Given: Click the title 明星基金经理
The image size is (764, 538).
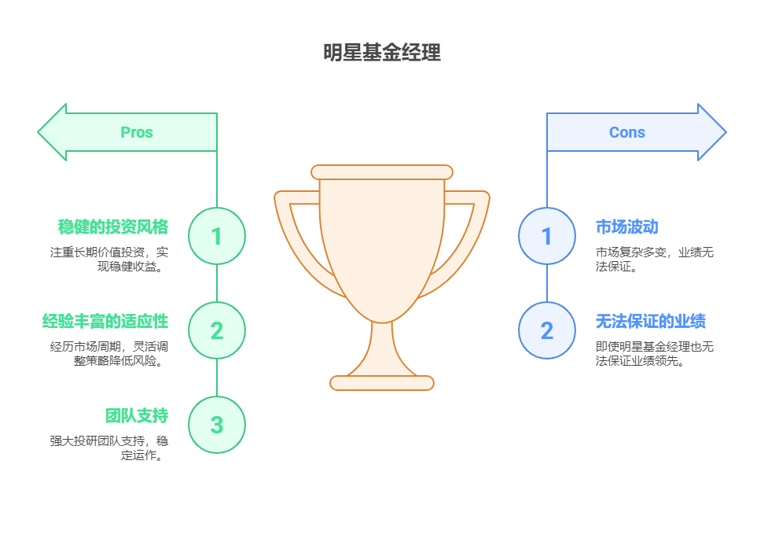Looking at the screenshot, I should [x=382, y=53].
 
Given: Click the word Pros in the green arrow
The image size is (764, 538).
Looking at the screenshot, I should [x=137, y=132].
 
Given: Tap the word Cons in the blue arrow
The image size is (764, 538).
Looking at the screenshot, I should [x=626, y=132].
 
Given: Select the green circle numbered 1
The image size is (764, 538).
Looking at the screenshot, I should [x=217, y=236].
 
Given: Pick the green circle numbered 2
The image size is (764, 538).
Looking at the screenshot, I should [x=217, y=330].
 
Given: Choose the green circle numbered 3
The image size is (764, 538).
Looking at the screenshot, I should [x=217, y=425].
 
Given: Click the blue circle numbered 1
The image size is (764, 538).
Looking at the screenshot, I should [x=547, y=236].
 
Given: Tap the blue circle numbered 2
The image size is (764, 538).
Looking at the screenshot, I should [x=547, y=330].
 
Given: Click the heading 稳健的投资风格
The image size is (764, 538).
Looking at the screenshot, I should [x=113, y=227].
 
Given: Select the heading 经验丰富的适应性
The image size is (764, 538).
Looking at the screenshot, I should [x=105, y=321].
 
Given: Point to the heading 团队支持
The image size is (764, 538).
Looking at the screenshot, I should [x=137, y=415].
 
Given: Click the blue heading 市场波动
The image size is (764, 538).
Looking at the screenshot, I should [x=626, y=227].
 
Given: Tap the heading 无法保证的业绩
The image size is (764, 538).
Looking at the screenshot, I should [x=650, y=321].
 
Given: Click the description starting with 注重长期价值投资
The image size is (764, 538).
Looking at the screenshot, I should [x=109, y=260].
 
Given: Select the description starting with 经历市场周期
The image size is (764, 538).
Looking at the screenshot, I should [x=109, y=354].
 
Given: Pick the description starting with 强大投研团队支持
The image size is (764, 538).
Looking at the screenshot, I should [x=109, y=448].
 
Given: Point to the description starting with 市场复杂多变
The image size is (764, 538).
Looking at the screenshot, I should [x=654, y=260].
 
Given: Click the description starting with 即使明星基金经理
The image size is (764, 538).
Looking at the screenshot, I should [x=654, y=354].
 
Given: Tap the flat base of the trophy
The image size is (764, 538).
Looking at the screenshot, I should [x=382, y=383].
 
